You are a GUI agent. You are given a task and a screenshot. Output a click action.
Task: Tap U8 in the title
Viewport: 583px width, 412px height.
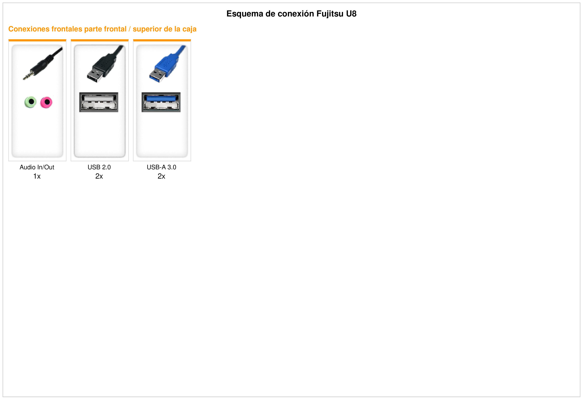[351, 14]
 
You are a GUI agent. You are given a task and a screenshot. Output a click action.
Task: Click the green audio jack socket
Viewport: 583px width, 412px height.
[30, 102]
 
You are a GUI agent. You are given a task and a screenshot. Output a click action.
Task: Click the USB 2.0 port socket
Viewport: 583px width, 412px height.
[99, 102]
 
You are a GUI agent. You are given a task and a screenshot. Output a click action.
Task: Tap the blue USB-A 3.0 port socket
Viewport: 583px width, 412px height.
[161, 102]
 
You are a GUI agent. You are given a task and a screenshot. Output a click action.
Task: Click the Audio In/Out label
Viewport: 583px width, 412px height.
[37, 167]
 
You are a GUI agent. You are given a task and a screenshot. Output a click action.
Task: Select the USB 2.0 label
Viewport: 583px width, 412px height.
[99, 167]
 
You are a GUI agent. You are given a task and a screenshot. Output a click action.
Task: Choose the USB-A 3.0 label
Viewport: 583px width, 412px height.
[162, 167]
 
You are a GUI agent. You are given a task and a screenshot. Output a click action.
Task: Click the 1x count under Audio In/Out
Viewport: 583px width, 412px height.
[37, 176]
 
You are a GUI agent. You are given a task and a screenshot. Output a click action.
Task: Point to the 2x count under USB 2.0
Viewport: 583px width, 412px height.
[99, 176]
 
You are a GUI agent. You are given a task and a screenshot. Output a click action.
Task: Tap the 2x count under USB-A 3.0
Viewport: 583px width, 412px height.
[162, 176]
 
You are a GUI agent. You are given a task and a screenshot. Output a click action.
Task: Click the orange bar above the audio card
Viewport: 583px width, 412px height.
[37, 40]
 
